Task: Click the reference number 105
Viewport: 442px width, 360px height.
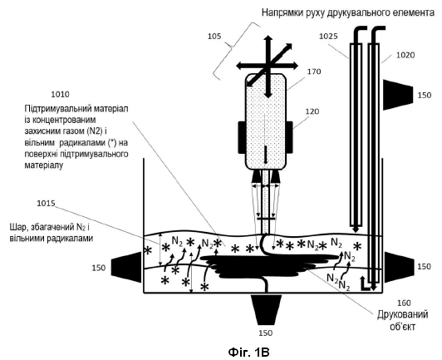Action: (x=214, y=37)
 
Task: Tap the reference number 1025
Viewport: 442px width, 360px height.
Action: (x=328, y=37)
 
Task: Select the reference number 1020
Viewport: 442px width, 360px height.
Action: (x=405, y=55)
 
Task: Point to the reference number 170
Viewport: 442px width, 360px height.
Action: (x=314, y=72)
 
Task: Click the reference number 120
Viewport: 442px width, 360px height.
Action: (x=312, y=111)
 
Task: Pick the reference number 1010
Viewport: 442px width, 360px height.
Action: (x=60, y=94)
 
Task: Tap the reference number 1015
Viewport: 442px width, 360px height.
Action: (x=47, y=204)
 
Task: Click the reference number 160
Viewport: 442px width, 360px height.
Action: (x=404, y=303)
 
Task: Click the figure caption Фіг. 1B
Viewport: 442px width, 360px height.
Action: (x=248, y=353)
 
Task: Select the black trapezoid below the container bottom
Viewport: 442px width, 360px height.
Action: (x=268, y=310)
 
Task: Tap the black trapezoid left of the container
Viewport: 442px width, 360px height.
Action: (x=126, y=267)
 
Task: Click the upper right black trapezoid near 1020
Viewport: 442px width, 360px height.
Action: (x=398, y=95)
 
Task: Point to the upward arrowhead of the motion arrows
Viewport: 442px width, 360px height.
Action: (x=268, y=38)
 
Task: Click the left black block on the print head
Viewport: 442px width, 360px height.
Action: (x=241, y=137)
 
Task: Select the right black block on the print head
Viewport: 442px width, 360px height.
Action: (x=289, y=137)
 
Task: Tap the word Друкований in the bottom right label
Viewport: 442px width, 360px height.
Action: (x=402, y=314)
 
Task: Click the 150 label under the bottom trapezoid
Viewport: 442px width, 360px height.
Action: (x=266, y=333)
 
